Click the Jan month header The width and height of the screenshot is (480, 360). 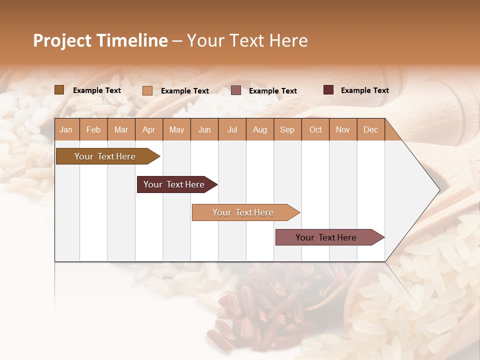66,129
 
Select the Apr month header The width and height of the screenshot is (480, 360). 149,129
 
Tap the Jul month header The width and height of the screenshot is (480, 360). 232,129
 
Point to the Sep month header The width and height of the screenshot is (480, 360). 287,129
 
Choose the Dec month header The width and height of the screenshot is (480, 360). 370,129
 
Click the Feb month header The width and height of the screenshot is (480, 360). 93,129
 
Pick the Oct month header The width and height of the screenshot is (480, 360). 315,129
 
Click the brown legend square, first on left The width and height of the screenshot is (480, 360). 59,90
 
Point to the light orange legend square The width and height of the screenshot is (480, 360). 147,90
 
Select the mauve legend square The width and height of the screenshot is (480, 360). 236,90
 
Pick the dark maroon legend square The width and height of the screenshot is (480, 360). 328,90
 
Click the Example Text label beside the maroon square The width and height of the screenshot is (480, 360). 364,90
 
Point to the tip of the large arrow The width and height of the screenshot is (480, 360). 438,190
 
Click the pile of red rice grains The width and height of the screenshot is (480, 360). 260,310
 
